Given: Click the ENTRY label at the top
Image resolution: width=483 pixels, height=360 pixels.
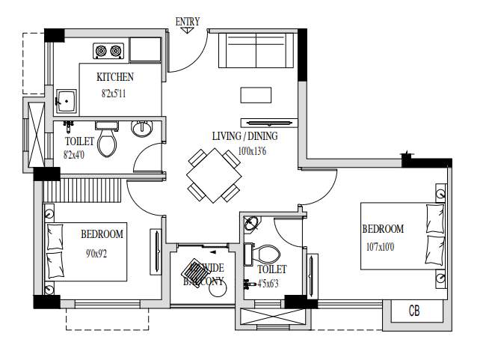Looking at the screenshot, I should [188, 22].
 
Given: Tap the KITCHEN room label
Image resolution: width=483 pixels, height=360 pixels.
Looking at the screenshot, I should [116, 77].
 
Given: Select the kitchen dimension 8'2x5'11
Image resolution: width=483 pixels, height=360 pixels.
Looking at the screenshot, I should [116, 94].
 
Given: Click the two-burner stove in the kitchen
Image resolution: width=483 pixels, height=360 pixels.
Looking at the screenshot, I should [108, 52].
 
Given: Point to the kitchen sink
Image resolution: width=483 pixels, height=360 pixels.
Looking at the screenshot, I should [65, 100].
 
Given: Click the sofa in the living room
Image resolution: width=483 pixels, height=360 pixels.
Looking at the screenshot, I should [256, 52].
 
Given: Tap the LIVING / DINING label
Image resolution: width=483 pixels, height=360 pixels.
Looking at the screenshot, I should [244, 136].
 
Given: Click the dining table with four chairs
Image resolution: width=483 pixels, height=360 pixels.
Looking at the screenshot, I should [214, 175].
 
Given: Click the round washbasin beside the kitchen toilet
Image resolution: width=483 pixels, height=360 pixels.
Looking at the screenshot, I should [141, 129].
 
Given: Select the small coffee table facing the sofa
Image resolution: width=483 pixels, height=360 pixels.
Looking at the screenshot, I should [256, 94].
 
